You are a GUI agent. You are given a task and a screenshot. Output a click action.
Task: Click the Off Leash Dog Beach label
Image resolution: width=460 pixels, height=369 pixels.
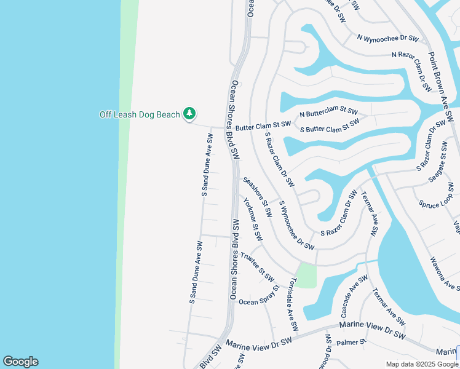pos(140,114)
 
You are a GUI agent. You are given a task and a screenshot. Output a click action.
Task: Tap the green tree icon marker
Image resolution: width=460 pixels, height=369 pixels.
pos(190,114)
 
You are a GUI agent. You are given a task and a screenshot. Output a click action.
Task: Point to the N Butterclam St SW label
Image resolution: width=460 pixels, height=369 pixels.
pos(328,113)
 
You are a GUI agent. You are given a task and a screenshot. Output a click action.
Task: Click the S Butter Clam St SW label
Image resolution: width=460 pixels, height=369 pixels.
pos(329,125)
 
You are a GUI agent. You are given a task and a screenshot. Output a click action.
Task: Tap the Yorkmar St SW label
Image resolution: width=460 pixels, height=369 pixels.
pos(253,218)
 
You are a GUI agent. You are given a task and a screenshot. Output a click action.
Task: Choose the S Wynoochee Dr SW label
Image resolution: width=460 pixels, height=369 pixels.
pos(296,225)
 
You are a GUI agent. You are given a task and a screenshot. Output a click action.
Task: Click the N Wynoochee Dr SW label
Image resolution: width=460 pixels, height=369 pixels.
pos(387,38)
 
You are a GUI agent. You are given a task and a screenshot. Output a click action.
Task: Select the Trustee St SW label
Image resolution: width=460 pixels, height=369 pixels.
pos(256,265)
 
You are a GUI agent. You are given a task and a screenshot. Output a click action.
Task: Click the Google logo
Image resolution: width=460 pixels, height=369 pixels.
pos(20,362)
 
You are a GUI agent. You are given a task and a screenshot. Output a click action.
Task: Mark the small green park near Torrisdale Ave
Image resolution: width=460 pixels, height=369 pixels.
pos(306,274)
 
